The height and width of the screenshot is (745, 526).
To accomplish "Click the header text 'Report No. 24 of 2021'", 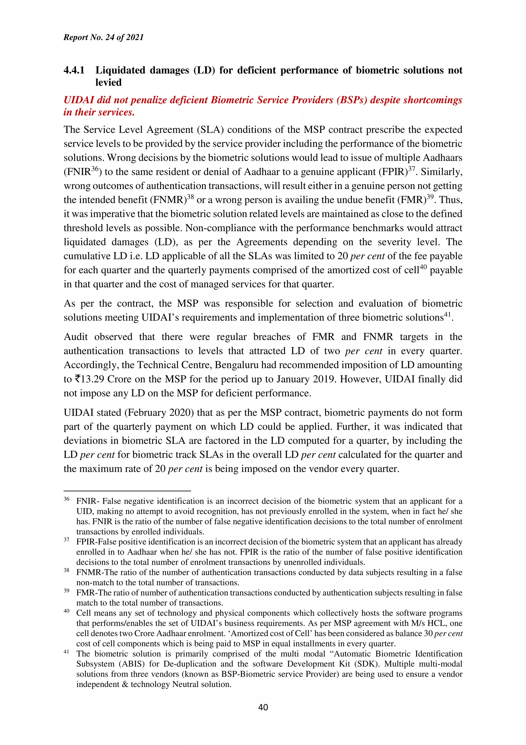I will [x=104, y=37].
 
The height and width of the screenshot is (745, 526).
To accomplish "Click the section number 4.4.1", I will [x=74, y=70].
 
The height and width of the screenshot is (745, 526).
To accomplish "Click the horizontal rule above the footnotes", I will [x=127, y=491].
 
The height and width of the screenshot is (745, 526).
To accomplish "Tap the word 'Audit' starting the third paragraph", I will [x=76, y=337].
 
